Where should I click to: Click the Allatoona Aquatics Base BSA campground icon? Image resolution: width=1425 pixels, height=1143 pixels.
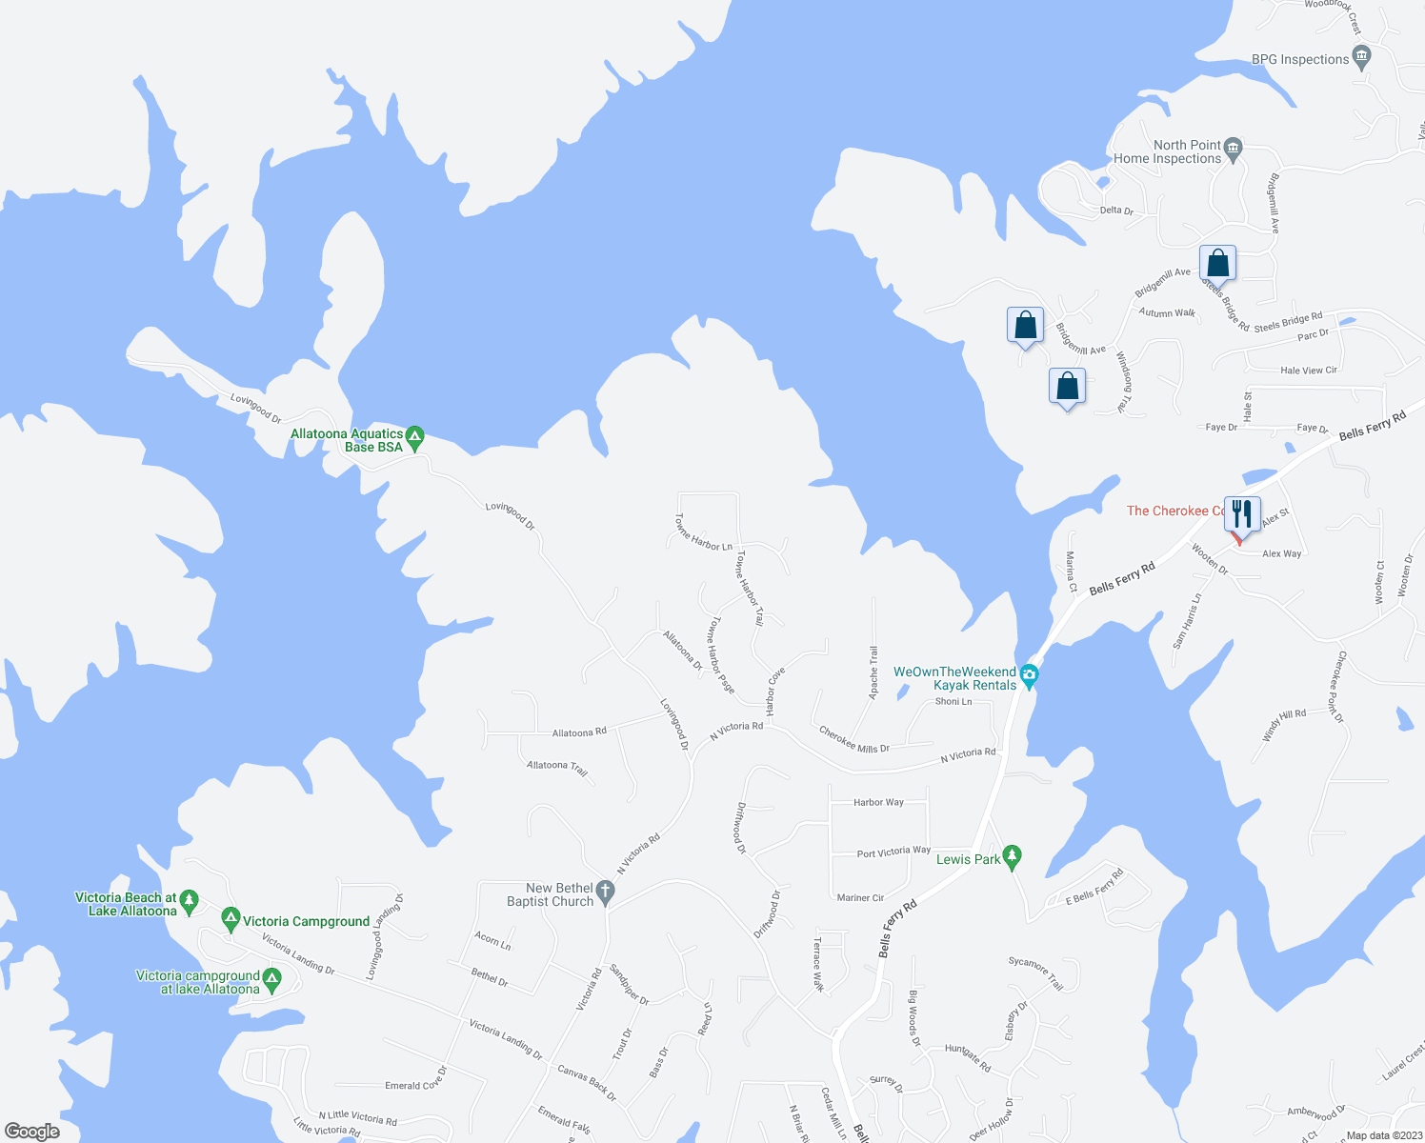coord(414,438)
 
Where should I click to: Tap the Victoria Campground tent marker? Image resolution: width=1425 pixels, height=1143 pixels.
coord(230,919)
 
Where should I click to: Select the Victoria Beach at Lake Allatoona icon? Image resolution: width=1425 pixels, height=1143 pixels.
coord(189,900)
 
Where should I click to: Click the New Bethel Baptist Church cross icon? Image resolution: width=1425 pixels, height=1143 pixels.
coord(606,893)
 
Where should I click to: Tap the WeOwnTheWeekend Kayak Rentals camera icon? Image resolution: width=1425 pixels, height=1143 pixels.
coord(1029,677)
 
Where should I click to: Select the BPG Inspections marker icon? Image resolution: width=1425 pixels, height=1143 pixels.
coord(1361,58)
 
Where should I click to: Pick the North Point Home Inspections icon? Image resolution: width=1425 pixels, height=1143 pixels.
coord(1234,148)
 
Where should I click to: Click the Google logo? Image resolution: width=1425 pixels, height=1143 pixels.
coord(31,1132)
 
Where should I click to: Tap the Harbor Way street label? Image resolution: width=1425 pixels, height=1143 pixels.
coord(878,803)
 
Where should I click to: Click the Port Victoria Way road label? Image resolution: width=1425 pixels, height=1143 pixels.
coord(893,852)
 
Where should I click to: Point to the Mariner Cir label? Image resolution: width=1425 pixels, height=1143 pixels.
coord(860,897)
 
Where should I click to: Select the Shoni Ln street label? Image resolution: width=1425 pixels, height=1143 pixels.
coord(953,702)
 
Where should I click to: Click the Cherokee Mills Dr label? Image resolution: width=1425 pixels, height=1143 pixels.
coord(853,740)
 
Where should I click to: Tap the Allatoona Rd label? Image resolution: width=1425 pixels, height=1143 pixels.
coord(579,732)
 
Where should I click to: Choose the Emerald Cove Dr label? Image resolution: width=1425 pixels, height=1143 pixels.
coord(415,1085)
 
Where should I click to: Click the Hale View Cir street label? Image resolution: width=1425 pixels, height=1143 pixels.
coord(1309,371)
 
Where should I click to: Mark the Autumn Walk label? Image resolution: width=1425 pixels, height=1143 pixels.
coord(1167,312)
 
